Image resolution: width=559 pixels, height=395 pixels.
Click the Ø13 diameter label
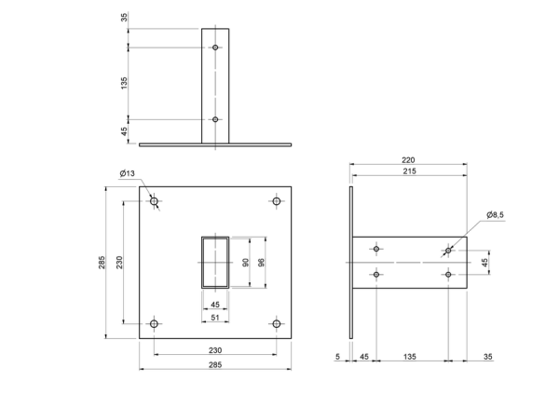[128, 173]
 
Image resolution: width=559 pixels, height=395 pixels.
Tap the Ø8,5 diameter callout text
[496, 215]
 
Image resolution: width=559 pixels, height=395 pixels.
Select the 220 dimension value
[408, 160]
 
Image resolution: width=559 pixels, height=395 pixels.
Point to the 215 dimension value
[409, 171]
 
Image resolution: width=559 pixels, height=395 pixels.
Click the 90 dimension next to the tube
[246, 263]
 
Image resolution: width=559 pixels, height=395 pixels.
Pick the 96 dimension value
[261, 263]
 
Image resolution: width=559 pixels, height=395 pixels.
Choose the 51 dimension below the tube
[215, 318]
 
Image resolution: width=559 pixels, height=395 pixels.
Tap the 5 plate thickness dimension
[338, 357]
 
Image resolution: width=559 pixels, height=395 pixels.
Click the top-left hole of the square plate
[154, 201]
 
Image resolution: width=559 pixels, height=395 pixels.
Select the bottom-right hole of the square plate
[277, 323]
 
